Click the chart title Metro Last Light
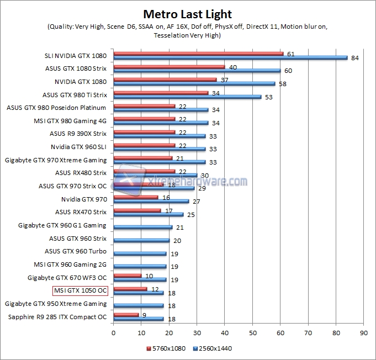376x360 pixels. point(188,14)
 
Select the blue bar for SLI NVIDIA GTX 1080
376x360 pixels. point(230,57)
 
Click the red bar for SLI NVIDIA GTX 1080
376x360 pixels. point(198,54)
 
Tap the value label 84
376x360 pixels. point(355,58)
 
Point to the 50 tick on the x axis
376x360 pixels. point(252,333)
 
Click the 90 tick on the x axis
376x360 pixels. point(363,333)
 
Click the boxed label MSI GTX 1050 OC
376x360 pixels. point(80,290)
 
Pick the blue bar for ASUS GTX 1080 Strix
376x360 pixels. point(197,71)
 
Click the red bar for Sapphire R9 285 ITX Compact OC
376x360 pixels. point(126,315)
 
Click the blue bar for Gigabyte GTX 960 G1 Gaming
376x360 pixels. point(142,227)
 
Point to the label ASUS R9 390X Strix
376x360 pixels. point(78,133)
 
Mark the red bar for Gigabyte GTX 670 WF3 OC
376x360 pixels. point(128,276)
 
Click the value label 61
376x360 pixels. point(291,54)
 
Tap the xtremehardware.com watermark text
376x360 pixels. point(196,181)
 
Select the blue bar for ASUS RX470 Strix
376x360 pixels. point(148,214)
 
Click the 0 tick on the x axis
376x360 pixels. point(113,333)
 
